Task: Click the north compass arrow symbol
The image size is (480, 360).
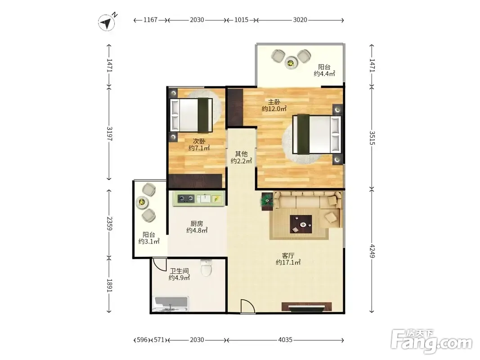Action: (107, 22)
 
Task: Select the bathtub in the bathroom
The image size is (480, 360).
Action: (170, 304)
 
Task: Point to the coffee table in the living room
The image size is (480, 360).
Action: (301, 224)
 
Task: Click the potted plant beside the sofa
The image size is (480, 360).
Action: (267, 200)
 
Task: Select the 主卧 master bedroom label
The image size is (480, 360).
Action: (274, 102)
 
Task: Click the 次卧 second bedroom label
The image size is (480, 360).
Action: (199, 141)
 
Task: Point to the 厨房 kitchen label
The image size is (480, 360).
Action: (197, 224)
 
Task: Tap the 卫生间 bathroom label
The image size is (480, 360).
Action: (179, 271)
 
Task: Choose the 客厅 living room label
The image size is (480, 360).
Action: (288, 256)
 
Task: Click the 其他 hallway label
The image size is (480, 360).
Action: (241, 154)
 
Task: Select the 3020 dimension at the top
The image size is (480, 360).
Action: (300, 20)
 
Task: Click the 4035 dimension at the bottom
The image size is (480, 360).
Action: (285, 340)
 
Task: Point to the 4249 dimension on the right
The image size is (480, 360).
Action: (372, 251)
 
